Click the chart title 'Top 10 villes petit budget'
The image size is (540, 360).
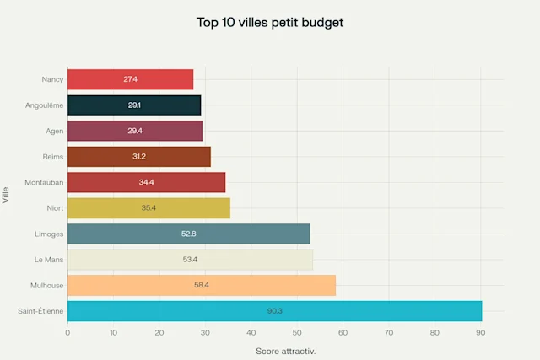point(269,23)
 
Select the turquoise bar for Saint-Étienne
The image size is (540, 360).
point(274,311)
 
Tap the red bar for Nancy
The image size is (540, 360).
point(130,79)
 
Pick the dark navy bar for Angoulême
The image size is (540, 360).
point(133,105)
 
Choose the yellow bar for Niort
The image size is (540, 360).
point(148,208)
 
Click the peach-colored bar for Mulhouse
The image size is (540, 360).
point(201,286)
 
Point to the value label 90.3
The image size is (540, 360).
point(274,311)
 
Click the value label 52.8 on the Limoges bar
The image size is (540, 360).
point(188,234)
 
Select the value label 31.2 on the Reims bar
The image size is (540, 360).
point(138,157)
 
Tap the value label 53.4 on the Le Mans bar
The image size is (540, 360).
point(190,260)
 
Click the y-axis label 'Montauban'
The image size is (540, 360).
point(44,182)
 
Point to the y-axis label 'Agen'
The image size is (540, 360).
point(53,131)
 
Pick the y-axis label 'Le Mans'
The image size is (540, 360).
point(48,260)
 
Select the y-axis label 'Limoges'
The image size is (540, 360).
point(48,234)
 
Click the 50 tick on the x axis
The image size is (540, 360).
point(296,333)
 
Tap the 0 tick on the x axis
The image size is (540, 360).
point(67,333)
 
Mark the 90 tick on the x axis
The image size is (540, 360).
point(480,333)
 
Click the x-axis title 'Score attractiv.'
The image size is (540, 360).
point(285,351)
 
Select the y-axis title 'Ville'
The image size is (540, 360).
point(7,196)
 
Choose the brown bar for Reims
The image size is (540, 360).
point(138,157)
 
